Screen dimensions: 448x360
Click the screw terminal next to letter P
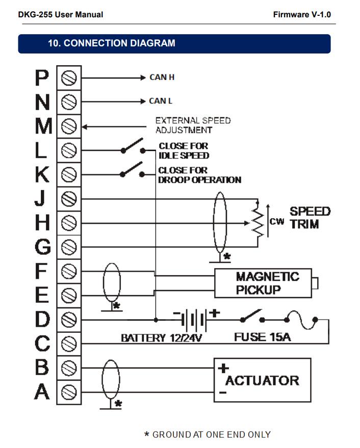coord(68,77)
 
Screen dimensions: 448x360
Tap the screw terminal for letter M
coord(68,126)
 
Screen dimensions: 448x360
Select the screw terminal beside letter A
coord(68,392)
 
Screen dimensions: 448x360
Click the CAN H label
coord(162,77)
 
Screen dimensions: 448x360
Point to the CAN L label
coord(161,101)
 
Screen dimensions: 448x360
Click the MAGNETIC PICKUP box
coord(263,283)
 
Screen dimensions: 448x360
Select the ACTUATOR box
coord(262,380)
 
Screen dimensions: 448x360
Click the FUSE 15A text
coord(262,337)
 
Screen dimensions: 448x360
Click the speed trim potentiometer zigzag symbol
coord(258,223)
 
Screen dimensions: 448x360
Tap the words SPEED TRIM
coord(310,218)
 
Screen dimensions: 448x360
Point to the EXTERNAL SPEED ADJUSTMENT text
coord(193,125)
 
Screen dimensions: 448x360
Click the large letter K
coord(42,174)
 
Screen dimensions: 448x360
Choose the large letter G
coord(42,247)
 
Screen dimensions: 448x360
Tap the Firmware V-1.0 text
coord(301,14)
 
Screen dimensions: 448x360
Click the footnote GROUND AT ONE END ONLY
coord(207,434)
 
